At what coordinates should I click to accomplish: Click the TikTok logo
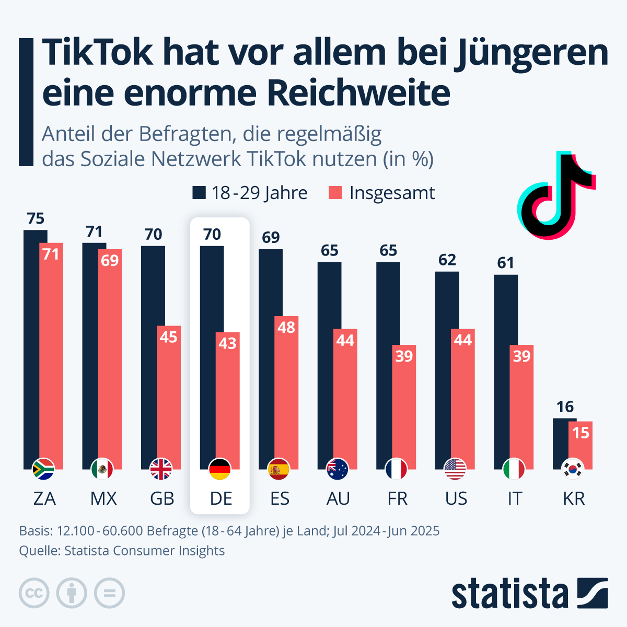coord(555,196)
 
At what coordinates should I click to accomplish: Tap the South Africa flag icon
coord(43,469)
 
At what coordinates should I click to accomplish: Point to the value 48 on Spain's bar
coord(286,328)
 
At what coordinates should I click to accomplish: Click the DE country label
coord(220,498)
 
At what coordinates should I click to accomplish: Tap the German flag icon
coord(220,469)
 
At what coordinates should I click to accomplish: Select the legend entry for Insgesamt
coord(382,193)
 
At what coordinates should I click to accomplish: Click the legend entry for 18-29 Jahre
coord(250,193)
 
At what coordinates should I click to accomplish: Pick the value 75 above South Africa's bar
coord(36,218)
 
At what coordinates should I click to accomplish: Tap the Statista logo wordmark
coord(509,594)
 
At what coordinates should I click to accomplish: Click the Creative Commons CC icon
coord(34,594)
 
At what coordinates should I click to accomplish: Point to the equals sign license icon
coord(109,594)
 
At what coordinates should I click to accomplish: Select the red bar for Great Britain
coord(169,397)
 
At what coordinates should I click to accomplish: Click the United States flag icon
coord(455,469)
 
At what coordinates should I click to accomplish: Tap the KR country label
coord(574,498)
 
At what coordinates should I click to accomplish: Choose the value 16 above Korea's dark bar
coord(565,407)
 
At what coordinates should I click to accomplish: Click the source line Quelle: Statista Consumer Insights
coord(122,551)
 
